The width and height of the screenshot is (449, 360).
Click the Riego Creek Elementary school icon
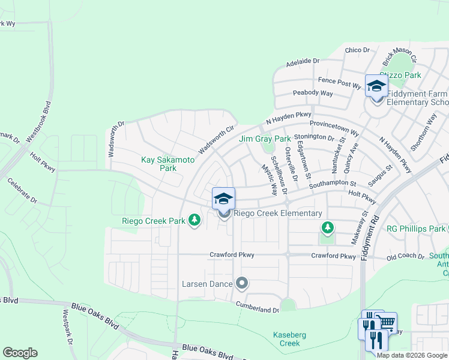click(223, 199)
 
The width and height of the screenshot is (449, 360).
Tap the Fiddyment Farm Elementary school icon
click(376, 85)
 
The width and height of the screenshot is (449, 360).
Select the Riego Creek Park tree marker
click(194, 221)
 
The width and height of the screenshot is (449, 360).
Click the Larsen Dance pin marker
click(242, 282)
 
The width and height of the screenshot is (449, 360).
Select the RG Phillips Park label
click(416, 229)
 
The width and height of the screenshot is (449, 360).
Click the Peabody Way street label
click(313, 94)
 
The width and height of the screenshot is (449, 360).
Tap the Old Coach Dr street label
click(405, 257)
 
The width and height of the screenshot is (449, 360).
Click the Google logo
click(20, 353)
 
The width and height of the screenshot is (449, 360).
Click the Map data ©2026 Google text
click(412, 355)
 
